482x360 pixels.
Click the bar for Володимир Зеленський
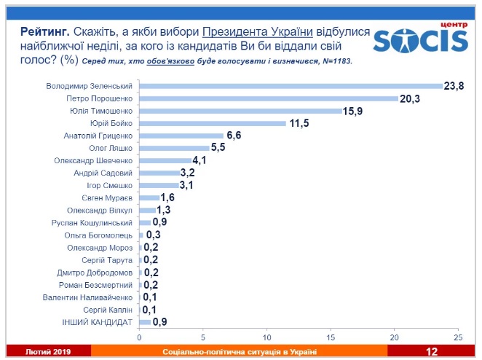[x=291, y=86]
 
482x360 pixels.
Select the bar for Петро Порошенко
[x=269, y=98]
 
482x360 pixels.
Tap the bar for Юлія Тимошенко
[x=240, y=111]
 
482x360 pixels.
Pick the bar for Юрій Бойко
[x=213, y=123]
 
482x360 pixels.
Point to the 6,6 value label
[x=234, y=136]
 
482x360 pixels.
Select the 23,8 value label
[x=455, y=86]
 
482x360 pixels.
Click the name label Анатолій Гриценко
[x=98, y=136]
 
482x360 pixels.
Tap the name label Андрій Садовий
[x=104, y=173]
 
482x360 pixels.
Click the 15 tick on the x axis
[x=331, y=337]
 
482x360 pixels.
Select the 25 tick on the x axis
[x=458, y=337]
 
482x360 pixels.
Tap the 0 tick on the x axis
[x=139, y=337]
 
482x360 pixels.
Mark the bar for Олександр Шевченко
[x=165, y=160]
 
